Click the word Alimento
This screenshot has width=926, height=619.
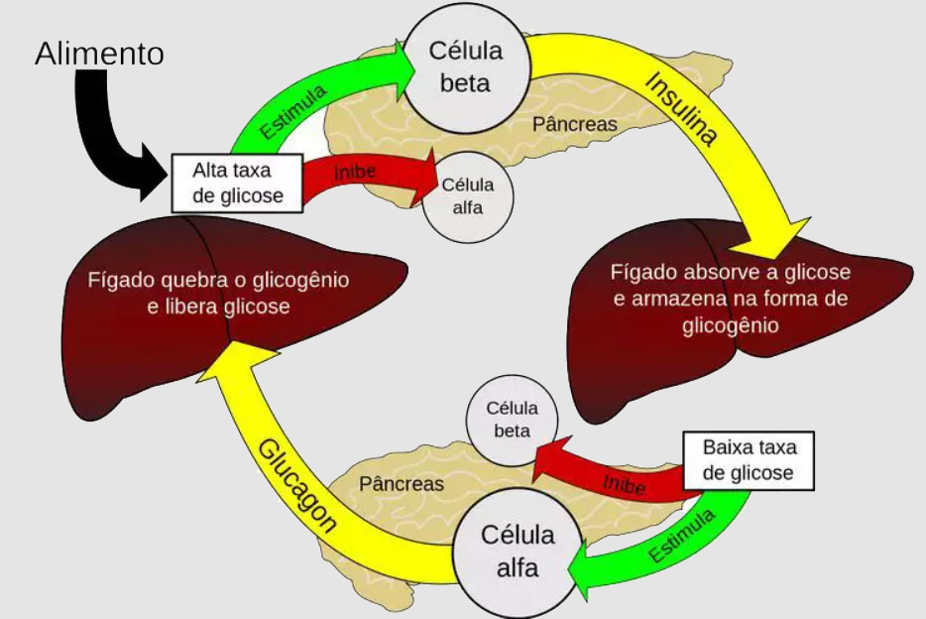[99, 54]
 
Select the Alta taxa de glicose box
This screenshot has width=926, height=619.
[237, 183]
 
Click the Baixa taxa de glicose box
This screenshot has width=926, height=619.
[749, 460]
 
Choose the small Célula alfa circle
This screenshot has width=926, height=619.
[468, 195]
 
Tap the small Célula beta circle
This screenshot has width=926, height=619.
[512, 420]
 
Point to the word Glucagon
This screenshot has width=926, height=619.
[296, 485]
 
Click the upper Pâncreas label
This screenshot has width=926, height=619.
[574, 124]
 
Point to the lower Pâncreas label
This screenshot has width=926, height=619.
[401, 484]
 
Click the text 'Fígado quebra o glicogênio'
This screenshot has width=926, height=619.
[218, 280]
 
